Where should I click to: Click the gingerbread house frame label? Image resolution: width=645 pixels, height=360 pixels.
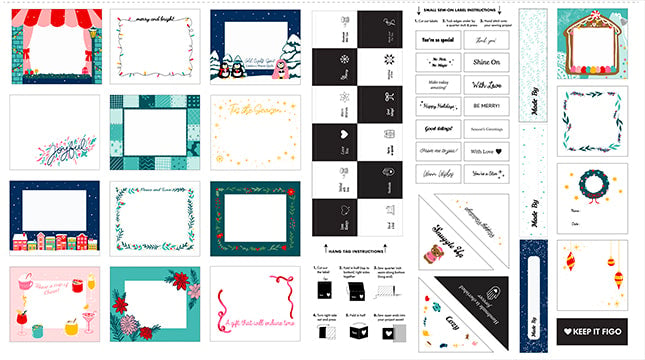(591, 45)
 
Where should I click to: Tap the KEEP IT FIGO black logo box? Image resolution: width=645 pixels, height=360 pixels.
(592, 329)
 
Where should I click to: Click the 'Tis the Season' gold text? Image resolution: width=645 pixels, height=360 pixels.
(254, 109)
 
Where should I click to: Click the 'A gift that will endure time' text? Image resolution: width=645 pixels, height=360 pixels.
(254, 315)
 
